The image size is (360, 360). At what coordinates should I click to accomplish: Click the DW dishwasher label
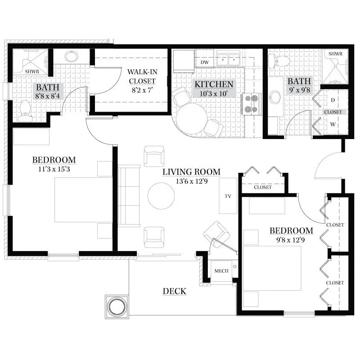pos(205,62)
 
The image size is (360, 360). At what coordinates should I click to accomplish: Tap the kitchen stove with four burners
pos(251,104)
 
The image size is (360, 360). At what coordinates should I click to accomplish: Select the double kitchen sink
pos(229,60)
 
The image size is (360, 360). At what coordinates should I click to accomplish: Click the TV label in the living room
pos(228,196)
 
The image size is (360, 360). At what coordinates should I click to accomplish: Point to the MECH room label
pos(221,271)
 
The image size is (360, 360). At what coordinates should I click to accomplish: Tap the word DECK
pos(175,291)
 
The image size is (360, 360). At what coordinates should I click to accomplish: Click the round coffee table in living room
pos(161,196)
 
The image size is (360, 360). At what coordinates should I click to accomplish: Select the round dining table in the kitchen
pos(192,118)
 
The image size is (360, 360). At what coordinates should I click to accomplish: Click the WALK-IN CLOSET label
pos(142,76)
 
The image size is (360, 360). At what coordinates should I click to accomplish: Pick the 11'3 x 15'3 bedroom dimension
pos(54,169)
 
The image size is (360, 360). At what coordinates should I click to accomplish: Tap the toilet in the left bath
pos(24,112)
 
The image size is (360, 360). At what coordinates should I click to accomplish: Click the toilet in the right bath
pos(279,61)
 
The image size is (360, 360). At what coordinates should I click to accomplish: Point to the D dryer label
pos(333,100)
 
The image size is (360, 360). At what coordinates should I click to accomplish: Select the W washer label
pos(333,124)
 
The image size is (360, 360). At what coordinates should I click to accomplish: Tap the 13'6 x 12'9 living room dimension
pos(192,181)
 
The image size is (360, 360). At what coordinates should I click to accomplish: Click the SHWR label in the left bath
pos(32,72)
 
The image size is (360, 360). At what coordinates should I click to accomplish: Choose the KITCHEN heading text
pos(214,84)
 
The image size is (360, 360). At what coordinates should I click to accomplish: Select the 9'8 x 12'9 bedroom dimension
pos(291,240)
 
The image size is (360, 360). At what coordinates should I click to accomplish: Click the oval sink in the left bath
pos(72,56)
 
